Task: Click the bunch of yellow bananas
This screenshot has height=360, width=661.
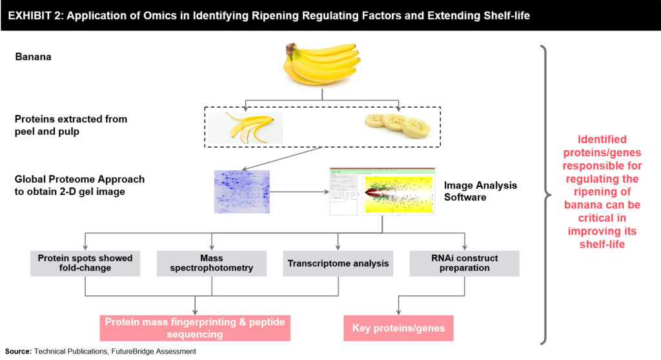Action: (x=321, y=64)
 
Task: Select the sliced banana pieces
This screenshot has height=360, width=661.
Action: (x=395, y=124)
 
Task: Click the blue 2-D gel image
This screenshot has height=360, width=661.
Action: (x=241, y=192)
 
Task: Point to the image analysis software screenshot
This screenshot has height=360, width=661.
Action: (x=382, y=192)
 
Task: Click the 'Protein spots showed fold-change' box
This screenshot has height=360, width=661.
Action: (x=85, y=263)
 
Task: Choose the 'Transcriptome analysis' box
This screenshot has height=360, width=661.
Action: (x=338, y=263)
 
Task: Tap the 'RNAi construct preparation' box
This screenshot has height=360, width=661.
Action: (x=463, y=263)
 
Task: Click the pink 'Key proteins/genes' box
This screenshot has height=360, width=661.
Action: (x=398, y=328)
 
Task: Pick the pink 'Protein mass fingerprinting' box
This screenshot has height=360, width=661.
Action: (x=195, y=328)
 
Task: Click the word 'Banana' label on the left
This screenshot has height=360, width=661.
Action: (x=33, y=57)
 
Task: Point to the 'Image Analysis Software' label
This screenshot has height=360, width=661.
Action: (x=480, y=191)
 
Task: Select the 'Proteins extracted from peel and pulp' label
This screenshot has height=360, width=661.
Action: (x=71, y=125)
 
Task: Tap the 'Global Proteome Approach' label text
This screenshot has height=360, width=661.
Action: (x=80, y=179)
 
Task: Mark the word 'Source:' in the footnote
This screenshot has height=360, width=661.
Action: (x=18, y=351)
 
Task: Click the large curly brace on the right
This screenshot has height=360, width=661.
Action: (x=547, y=194)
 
